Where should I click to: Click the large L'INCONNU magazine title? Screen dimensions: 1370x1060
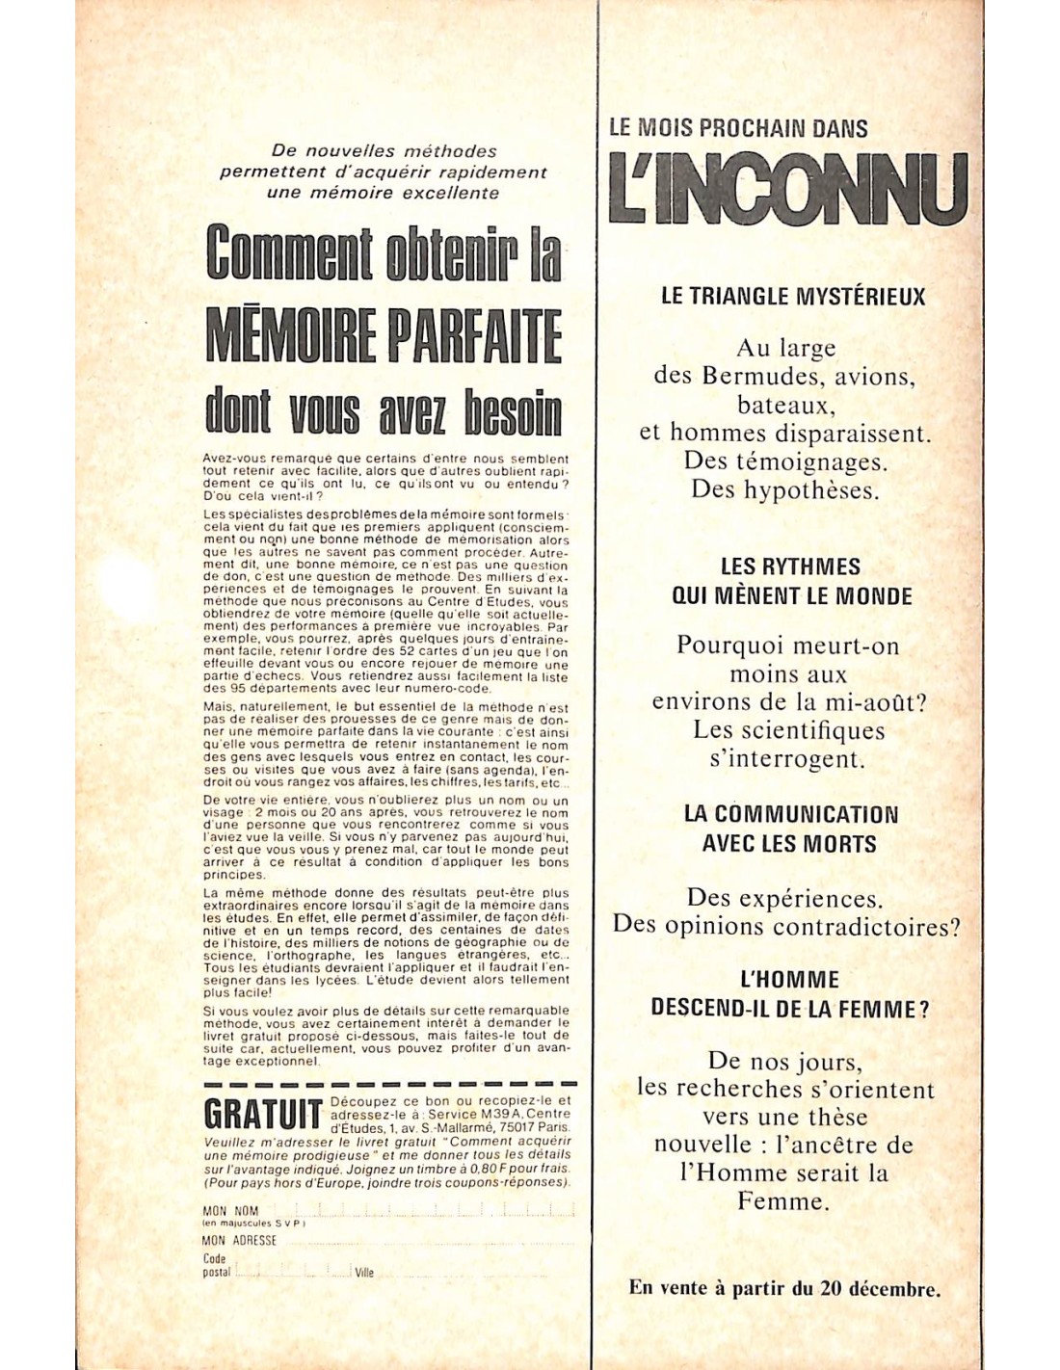tap(787, 189)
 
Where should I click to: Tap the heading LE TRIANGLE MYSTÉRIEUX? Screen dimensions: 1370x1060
tap(792, 297)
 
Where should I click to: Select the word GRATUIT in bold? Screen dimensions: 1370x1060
tap(262, 1115)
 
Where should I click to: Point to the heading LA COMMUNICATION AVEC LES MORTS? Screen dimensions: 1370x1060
tap(790, 829)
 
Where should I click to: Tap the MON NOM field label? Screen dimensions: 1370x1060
tap(230, 1211)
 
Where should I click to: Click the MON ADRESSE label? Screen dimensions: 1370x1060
tap(239, 1241)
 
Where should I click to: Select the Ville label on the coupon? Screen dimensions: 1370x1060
tap(364, 1273)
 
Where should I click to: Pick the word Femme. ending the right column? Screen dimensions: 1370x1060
tap(782, 1201)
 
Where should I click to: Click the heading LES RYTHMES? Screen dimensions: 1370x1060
tap(790, 566)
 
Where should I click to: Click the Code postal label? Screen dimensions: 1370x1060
tap(217, 1265)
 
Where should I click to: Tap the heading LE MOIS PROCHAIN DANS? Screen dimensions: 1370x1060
tap(738, 128)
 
